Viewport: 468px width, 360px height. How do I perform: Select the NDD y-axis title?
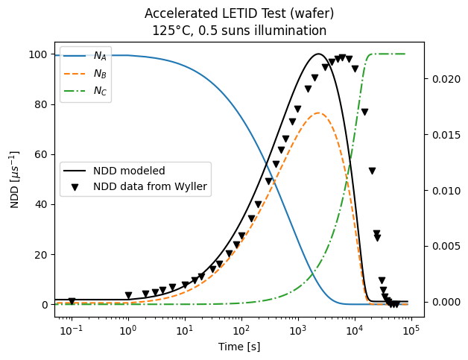(x=14, y=179)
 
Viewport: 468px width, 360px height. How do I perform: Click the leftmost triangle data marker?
(x=72, y=301)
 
